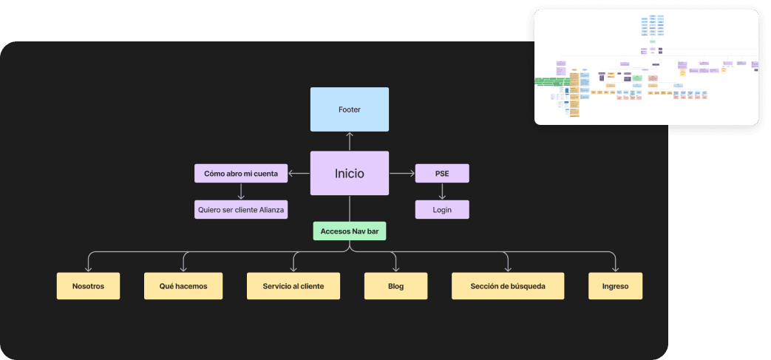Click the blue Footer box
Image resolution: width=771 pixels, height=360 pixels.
(349, 109)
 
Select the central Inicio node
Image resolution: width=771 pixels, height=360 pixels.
(349, 174)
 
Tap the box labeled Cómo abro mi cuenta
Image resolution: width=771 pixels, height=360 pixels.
(241, 174)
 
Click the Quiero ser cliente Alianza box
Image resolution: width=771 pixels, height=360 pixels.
(241, 209)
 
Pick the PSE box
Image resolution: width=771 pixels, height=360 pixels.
(442, 174)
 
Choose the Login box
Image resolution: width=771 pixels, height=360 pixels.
(442, 209)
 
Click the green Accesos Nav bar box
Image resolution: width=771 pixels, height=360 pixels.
(349, 231)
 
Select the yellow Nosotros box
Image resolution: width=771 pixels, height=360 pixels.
(88, 286)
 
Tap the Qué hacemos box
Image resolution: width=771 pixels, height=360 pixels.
(183, 286)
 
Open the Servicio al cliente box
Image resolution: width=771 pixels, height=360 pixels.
(293, 286)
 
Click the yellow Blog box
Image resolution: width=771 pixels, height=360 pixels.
(395, 286)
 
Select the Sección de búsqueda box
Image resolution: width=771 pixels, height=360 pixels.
(508, 286)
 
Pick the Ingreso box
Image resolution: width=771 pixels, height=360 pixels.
(615, 286)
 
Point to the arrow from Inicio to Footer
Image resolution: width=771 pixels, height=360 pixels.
(349, 141)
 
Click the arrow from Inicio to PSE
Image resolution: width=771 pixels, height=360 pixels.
(401, 174)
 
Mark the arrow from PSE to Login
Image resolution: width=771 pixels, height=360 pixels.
(442, 191)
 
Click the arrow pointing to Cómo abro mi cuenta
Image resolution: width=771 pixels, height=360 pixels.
(299, 174)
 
